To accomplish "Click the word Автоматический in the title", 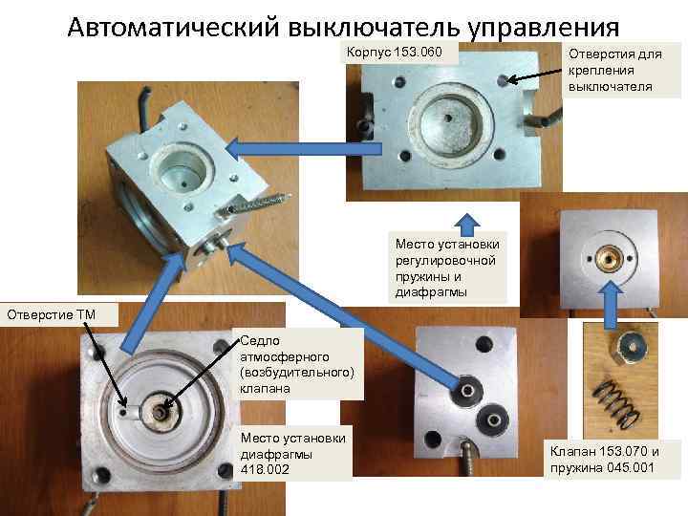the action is click(173, 27).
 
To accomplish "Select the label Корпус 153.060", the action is click(394, 53).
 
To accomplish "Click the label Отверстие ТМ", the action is click(52, 314).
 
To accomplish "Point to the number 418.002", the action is click(265, 469).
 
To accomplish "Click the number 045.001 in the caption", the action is click(629, 467).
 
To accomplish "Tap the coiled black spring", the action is click(616, 403).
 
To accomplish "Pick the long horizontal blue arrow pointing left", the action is click(303, 149).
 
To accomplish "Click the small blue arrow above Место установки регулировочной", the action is click(467, 226).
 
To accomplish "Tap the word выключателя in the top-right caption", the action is click(610, 86).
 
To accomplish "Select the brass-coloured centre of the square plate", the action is click(609, 258).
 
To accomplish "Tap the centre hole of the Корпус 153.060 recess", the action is click(448, 118).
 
